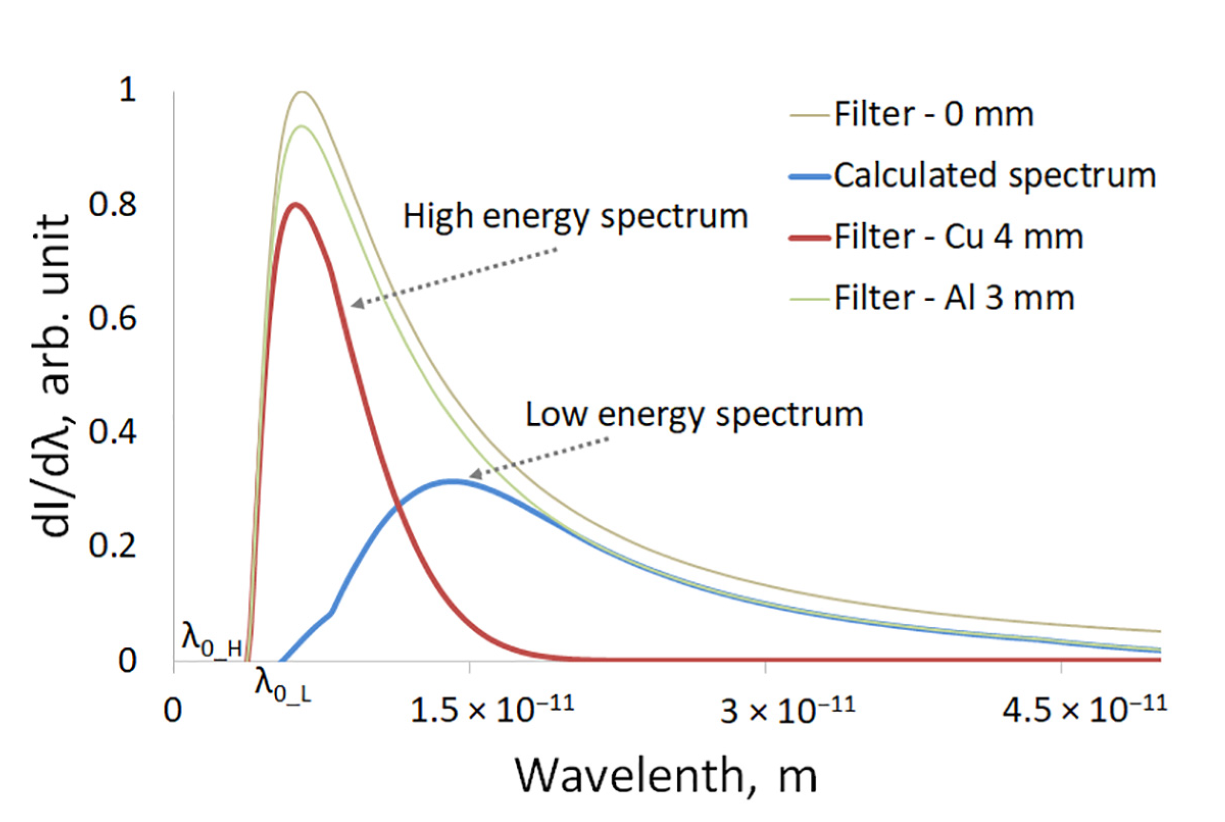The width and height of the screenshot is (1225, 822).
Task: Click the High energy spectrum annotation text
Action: pyautogui.click(x=574, y=217)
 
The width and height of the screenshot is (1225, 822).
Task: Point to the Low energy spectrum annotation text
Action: pyautogui.click(x=694, y=415)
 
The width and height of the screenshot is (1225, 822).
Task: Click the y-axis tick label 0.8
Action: pyautogui.click(x=112, y=204)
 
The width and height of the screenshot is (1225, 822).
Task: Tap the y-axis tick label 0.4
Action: pyautogui.click(x=112, y=432)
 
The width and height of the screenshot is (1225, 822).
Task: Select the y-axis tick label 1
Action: pyautogui.click(x=128, y=90)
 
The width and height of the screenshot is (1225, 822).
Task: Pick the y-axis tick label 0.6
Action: pyautogui.click(x=112, y=318)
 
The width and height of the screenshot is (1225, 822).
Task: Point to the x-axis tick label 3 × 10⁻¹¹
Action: pyautogui.click(x=787, y=710)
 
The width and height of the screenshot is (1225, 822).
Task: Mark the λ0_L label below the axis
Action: pyautogui.click(x=282, y=685)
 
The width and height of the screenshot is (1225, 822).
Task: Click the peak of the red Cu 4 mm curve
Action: pyautogui.click(x=296, y=204)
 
